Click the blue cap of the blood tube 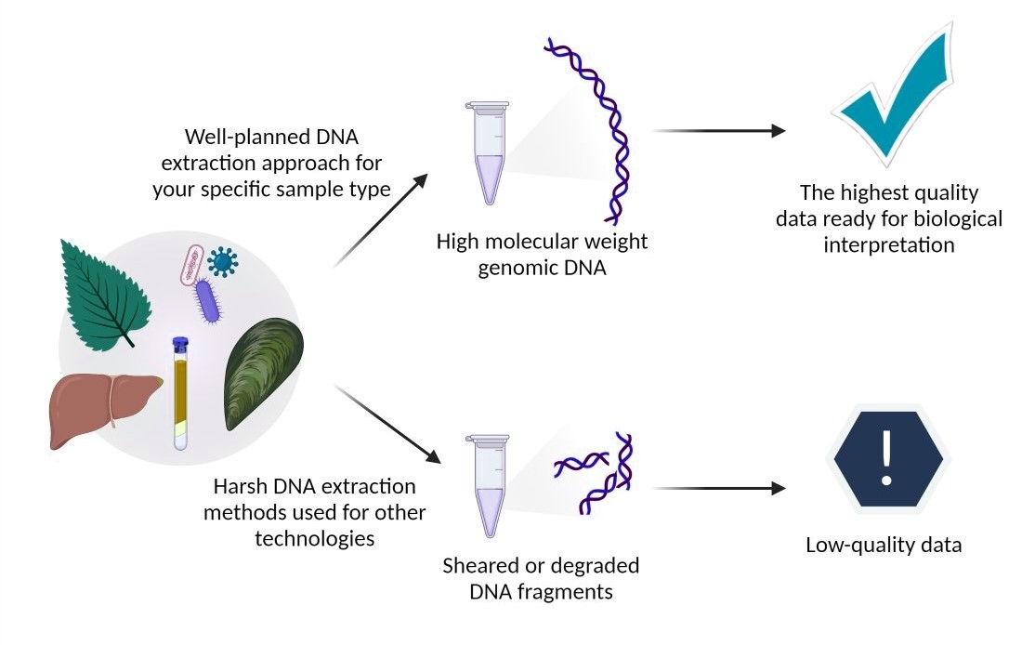(x=181, y=344)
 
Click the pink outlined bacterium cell (x=190, y=265)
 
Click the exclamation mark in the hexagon (x=886, y=454)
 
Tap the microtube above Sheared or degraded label (x=487, y=484)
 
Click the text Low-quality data (x=884, y=545)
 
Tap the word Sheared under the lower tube (x=480, y=566)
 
